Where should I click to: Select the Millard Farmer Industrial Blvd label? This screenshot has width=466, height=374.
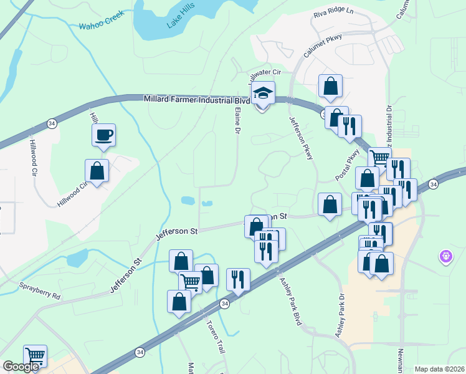coord(197,99)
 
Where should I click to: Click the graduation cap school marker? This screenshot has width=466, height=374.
coord(263,93)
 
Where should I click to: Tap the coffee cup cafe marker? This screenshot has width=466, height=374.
coord(103,134)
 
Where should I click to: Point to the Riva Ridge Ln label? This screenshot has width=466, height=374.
coord(333,14)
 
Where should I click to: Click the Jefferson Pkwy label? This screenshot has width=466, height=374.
coord(300,137)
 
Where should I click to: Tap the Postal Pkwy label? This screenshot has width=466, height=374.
coord(348,165)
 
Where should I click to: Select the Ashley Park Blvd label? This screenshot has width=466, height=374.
coord(290,301)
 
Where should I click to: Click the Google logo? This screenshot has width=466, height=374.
coord(21,367)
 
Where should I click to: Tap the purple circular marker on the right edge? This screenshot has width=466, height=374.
coord(445,256)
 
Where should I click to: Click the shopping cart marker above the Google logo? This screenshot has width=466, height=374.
coord(36,357)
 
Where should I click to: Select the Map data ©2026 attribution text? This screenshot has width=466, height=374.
coord(438,369)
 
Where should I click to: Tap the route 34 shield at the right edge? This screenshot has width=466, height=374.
coord(432,184)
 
